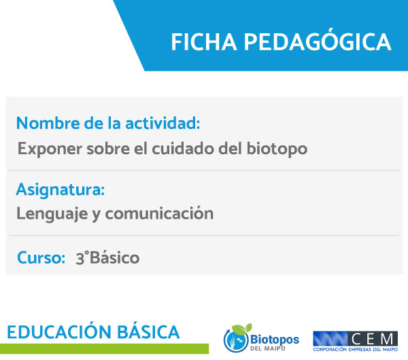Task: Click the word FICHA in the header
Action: tap(204, 42)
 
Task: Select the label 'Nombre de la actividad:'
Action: tap(108, 123)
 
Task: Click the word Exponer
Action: tap(50, 149)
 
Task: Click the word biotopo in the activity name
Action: tap(277, 149)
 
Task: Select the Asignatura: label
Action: tap(61, 190)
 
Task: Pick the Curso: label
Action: tap(41, 257)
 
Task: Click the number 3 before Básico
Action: tap(80, 259)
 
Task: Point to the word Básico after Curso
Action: tap(114, 257)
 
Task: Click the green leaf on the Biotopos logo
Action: tap(242, 329)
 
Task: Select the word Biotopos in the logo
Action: tap(275, 340)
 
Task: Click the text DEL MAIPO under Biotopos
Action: tap(268, 348)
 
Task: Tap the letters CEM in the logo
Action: tap(373, 339)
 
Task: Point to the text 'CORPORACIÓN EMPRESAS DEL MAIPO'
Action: tap(356, 350)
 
